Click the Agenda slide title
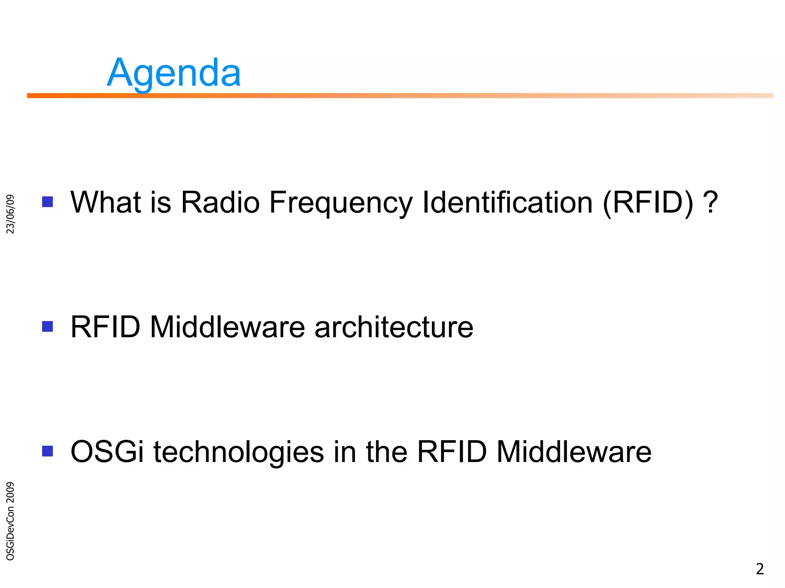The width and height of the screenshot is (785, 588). [174, 73]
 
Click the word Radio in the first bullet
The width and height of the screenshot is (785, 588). [220, 202]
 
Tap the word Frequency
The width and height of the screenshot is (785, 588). [341, 203]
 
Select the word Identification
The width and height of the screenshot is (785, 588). [507, 202]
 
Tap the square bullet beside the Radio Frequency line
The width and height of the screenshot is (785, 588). [48, 202]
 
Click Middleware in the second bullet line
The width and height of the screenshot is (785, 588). [227, 327]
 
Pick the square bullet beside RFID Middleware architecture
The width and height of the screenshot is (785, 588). [48, 327]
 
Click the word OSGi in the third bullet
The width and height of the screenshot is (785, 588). [107, 452]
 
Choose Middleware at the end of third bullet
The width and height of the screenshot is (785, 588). [574, 452]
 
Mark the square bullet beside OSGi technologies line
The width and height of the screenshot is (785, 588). [48, 451]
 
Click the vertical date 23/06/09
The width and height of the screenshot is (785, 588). [11, 214]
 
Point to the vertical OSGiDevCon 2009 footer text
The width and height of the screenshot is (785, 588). [11, 521]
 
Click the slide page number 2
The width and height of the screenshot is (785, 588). [759, 569]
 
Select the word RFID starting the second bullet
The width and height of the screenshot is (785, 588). [105, 327]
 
